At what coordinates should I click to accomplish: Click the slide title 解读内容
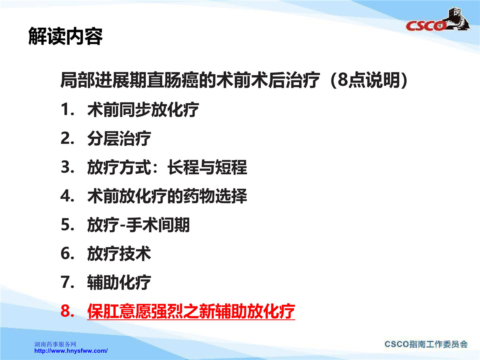tap(65, 36)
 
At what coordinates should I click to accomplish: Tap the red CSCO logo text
tap(425, 26)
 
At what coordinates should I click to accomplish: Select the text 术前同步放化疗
tap(143, 110)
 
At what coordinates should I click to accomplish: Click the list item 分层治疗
tap(119, 138)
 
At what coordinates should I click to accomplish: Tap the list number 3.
tap(67, 167)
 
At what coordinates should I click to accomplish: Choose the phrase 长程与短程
tap(207, 167)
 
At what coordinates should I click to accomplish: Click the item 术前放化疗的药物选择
tap(167, 196)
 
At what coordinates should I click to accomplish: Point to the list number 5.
tap(67, 225)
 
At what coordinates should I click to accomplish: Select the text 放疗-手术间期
tap(138, 225)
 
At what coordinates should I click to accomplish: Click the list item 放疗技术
tap(119, 254)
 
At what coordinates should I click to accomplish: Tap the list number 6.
tap(67, 254)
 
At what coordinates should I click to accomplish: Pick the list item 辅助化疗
tap(119, 282)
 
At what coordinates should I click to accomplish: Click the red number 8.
tap(67, 311)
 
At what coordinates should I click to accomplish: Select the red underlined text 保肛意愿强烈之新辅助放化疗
tap(191, 312)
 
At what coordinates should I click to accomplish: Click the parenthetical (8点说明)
tap(369, 80)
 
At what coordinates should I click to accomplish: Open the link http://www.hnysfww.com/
tap(71, 351)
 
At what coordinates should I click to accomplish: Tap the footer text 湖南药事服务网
tap(55, 344)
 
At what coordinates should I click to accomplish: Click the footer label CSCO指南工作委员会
tap(426, 344)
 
